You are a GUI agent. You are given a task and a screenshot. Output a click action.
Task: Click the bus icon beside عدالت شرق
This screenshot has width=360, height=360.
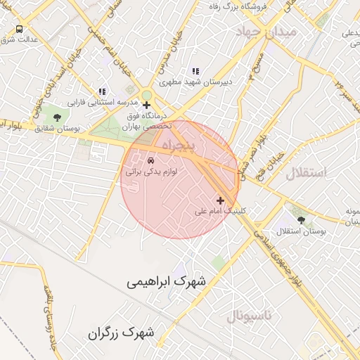click(19, 30)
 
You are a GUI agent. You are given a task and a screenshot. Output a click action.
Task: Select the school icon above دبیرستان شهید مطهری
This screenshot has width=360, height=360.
click(195, 71)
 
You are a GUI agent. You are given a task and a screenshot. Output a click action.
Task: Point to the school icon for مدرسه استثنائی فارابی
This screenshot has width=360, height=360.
click(103, 91)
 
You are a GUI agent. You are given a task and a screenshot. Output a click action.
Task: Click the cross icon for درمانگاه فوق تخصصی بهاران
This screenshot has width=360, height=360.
click(146, 105)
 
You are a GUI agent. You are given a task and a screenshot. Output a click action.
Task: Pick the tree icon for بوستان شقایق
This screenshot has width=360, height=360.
click(57, 117)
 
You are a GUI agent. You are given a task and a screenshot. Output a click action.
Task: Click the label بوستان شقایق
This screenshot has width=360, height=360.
click(57, 129)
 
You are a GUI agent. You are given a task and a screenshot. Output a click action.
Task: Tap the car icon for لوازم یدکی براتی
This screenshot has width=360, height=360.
click(150, 160)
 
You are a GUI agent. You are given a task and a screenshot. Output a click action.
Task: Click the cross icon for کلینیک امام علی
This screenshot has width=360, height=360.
click(220, 200)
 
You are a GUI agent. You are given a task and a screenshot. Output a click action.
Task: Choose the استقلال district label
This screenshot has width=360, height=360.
click(307, 172)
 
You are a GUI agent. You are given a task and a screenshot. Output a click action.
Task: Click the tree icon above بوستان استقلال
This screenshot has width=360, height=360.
click(301, 220)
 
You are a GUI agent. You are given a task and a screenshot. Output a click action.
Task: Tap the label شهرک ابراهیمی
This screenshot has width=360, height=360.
click(167, 282)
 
